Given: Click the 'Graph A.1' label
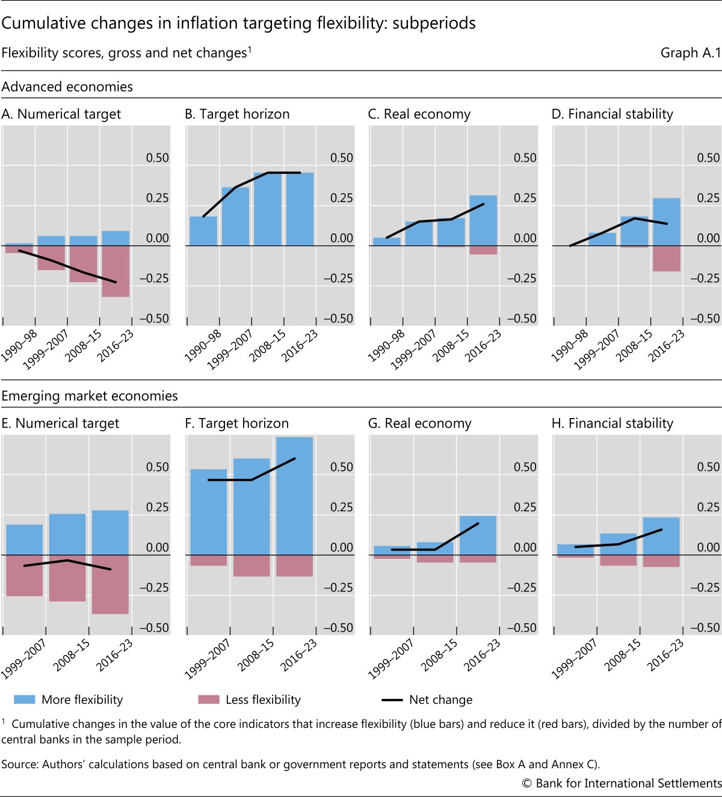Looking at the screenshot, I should pos(690,53).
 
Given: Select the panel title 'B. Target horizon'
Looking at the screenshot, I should pos(237,114).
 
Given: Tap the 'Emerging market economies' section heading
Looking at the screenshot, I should pos(90,396).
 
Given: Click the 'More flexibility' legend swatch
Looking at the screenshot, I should pos(24,700).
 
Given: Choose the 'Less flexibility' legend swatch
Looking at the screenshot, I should pos(208,700).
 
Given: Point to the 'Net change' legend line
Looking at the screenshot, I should pos(392,700).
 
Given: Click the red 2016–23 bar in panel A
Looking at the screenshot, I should pos(116,271).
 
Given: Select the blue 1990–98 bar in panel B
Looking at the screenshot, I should pos(203,231).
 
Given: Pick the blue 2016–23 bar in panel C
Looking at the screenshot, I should pos(483,220).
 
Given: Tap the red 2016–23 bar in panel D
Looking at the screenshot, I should pos(667,259).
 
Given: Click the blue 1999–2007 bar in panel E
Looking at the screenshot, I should pos(25,540).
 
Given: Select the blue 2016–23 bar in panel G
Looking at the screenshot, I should pos(478,535).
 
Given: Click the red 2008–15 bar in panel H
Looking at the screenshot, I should pos(619,560).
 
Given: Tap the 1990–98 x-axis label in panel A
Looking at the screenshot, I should pos(19,345).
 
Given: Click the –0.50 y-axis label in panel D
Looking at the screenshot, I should pos(705,319).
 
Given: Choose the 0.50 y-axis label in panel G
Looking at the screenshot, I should pos(525,467).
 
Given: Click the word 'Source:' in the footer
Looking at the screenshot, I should pos(20,765).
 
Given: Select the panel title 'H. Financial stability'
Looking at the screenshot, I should pos(612,423).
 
